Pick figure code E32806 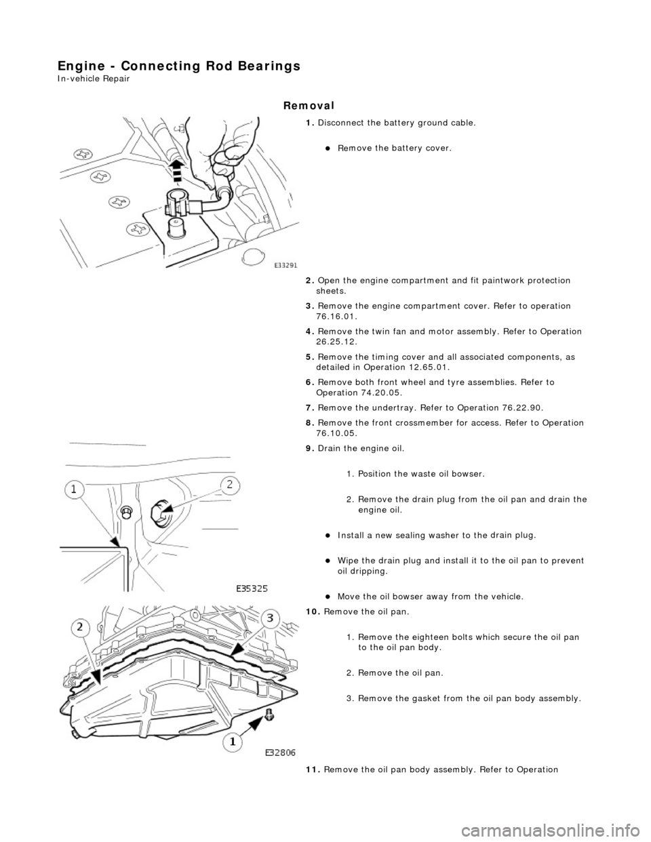click(x=285, y=752)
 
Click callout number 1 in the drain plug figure click(x=75, y=489)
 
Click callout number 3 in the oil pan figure click(x=270, y=618)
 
